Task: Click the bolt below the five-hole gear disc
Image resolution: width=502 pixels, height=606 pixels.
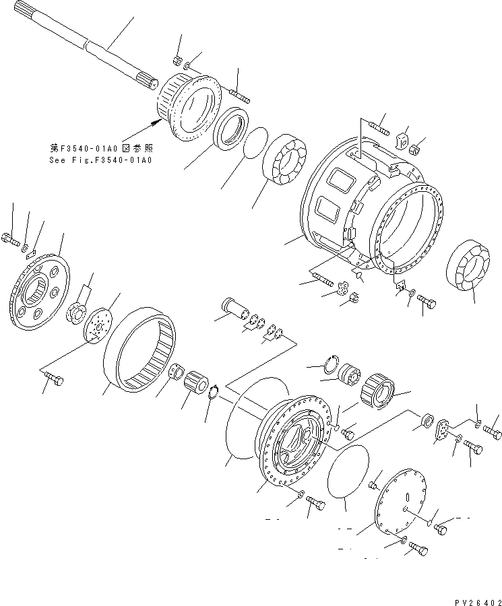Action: coord(55,382)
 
